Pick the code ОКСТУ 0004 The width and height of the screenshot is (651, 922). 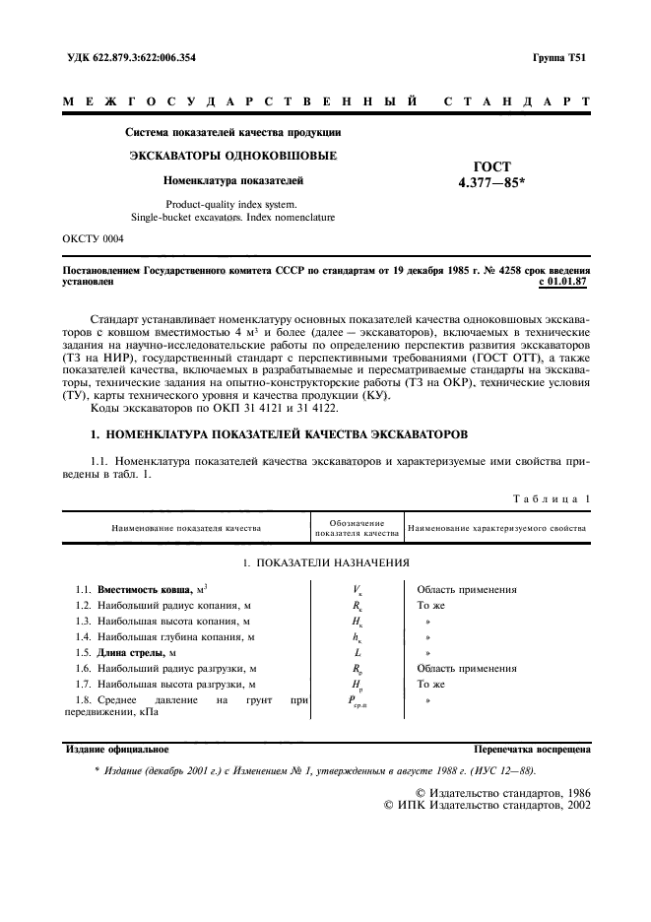(93, 238)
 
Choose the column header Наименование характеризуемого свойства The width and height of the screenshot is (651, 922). (496, 528)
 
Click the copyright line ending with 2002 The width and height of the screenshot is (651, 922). (487, 805)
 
